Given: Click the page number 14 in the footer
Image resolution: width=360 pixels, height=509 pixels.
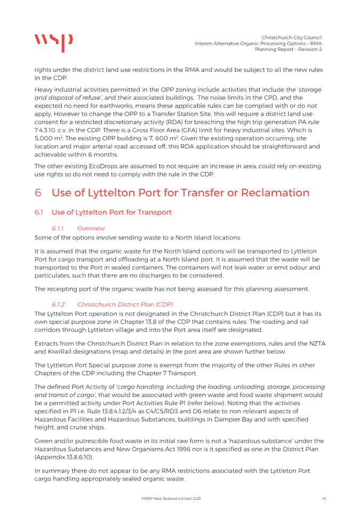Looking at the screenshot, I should (x=324, y=498).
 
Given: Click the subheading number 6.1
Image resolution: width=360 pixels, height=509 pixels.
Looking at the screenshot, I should (x=39, y=212).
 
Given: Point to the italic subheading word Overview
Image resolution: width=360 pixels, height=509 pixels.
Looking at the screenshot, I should (x=91, y=228).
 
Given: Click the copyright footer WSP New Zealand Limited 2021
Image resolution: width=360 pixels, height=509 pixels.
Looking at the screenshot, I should (x=171, y=498).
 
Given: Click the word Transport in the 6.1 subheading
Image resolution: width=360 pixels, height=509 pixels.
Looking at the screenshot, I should (x=154, y=212).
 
